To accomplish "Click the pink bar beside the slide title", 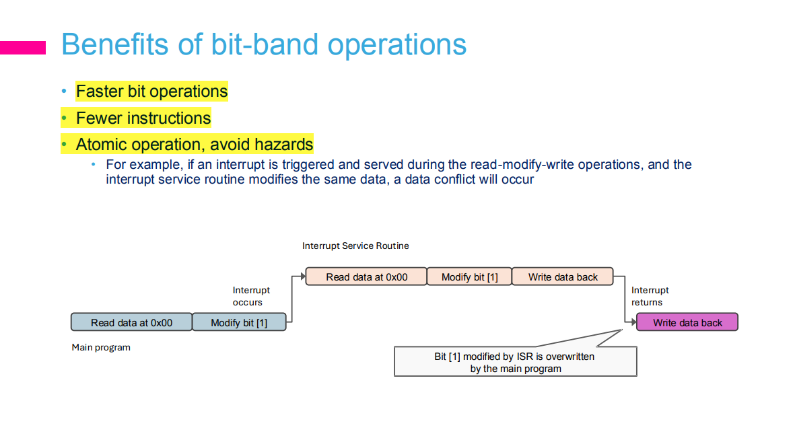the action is pos(23,48).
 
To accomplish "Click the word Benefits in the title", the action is pos(115,44).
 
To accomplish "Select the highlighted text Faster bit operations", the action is pos(151,91).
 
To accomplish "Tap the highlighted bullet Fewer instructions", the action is pos(143,118).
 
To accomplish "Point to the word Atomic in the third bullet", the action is pos(101,145).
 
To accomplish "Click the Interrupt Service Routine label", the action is pos(355,246).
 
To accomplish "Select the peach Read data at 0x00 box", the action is pos(366,276).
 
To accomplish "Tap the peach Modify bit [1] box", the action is pos(469,276).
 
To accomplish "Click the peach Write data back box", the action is pos(563,276).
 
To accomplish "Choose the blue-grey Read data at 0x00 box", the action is pos(131,322).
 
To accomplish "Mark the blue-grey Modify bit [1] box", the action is pos(239,322).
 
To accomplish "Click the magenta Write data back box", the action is pos(687,322).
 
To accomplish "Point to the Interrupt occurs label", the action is pos(251,297).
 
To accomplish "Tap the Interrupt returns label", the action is pos(650,297).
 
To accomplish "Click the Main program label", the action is pos(101,348).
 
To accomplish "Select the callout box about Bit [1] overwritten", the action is pos(516,362).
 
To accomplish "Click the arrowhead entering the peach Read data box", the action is pos(303,276).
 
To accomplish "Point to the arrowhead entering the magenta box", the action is pos(633,322).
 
